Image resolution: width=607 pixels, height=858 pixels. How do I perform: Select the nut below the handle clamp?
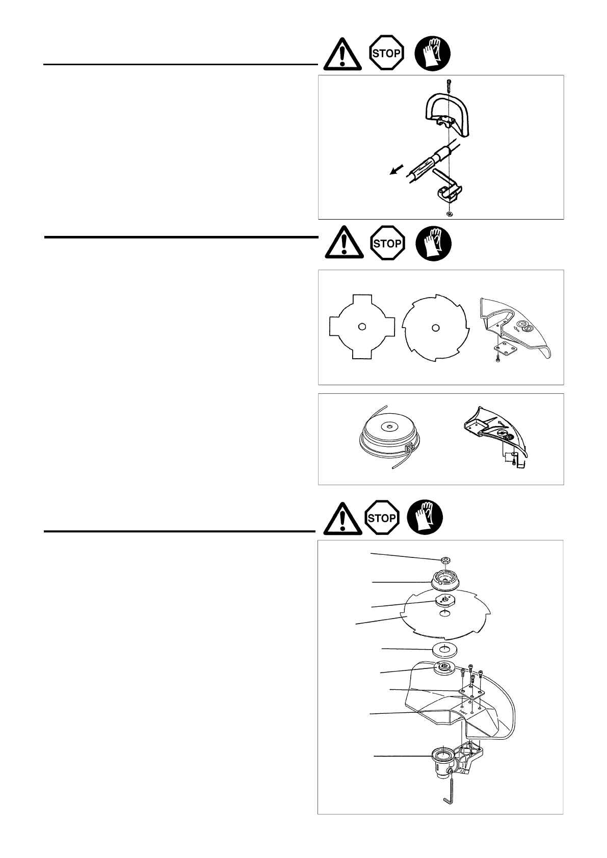point(449,213)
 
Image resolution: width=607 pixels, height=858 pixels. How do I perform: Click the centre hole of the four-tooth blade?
point(361,327)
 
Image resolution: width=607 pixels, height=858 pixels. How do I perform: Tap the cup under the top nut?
point(446,579)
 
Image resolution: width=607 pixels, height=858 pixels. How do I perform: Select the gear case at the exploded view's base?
point(443,759)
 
